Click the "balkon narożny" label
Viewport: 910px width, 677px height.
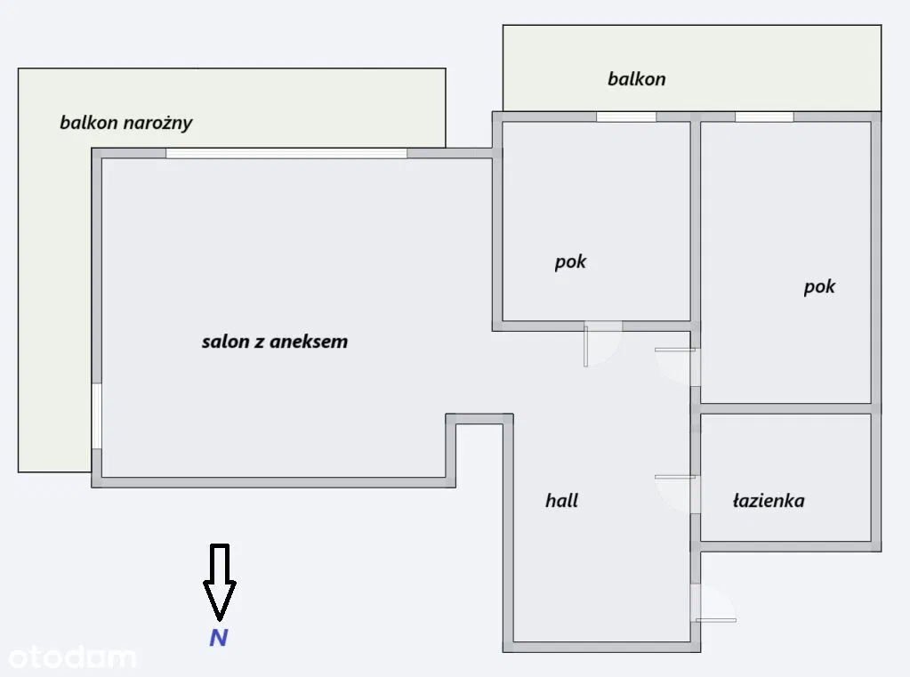click(x=125, y=123)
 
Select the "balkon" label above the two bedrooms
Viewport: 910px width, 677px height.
click(x=636, y=79)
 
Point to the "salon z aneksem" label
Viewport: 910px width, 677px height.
click(x=274, y=342)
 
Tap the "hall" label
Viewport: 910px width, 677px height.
click(x=561, y=501)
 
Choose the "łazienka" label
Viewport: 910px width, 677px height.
click(x=769, y=501)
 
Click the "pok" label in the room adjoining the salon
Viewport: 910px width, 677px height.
click(x=570, y=262)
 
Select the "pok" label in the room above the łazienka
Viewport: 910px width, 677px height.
click(x=819, y=287)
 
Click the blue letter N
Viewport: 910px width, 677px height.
click(x=218, y=637)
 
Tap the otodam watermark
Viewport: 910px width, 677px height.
click(x=71, y=657)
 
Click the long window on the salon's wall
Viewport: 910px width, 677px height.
click(x=286, y=153)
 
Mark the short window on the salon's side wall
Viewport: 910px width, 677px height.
click(x=96, y=415)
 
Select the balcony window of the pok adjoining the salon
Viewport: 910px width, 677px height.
click(x=625, y=117)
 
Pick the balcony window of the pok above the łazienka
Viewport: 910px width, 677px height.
click(x=763, y=117)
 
